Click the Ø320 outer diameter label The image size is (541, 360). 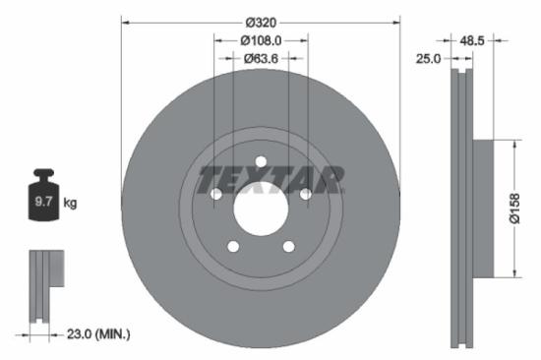261,22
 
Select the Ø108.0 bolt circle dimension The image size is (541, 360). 261,40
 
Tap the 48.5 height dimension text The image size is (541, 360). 473,41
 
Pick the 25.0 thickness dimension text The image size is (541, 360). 428,59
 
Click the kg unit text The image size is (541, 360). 70,203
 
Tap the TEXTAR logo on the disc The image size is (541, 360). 270,180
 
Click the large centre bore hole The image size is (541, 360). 261,209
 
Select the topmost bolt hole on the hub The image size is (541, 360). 261,162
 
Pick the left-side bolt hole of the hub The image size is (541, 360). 216,195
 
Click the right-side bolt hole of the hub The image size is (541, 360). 305,195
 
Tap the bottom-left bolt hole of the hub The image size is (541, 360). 233,247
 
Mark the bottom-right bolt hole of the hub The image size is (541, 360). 288,247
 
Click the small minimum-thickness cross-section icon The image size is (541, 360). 44,286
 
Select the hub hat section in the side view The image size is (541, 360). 481,209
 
